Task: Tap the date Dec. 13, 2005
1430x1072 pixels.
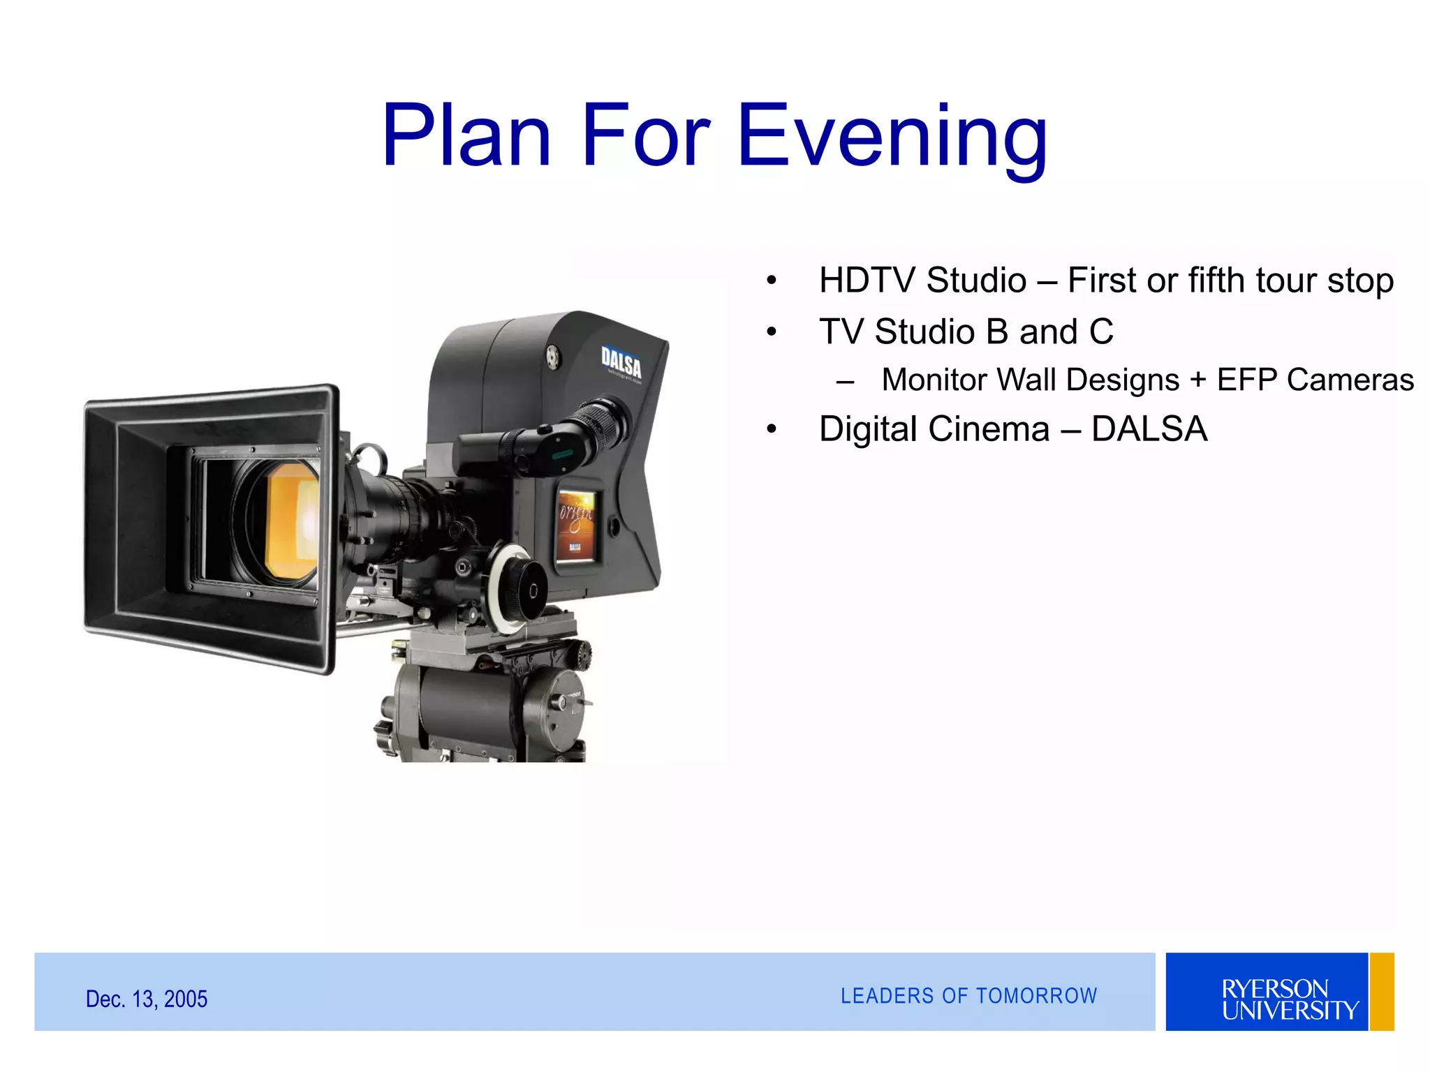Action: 147,999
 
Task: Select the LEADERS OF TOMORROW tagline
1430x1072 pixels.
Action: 968,996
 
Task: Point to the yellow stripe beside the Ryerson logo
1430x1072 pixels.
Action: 1382,992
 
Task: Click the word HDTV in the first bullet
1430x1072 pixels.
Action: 867,281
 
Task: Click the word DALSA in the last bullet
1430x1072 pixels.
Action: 1149,429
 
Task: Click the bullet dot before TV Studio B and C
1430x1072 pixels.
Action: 772,332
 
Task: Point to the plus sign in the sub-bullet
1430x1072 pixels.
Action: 1198,380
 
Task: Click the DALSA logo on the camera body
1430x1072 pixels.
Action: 621,364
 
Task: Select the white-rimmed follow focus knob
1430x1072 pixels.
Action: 517,589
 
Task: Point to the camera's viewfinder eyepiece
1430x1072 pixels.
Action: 604,422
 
